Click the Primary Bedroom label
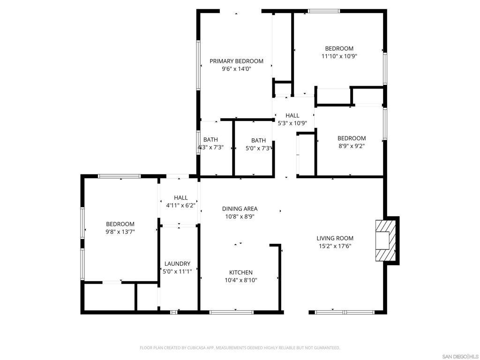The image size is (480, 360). point(236,61)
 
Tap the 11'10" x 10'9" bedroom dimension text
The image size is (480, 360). point(339,56)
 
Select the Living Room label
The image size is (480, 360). point(335,238)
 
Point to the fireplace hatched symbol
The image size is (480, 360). point(385,240)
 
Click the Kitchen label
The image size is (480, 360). point(241,272)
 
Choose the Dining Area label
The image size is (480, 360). point(240,209)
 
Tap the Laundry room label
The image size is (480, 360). point(177,263)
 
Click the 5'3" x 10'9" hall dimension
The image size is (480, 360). point(292,123)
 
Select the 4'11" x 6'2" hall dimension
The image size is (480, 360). point(180,206)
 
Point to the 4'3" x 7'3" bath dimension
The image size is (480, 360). point(210,148)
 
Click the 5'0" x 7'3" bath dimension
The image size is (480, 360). point(259,149)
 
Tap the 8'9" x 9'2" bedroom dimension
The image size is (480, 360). point(352,146)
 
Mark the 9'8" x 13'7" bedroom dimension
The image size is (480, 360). point(120,232)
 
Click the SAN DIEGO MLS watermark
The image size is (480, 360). point(460,357)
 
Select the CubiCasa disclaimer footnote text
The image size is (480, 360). point(240,348)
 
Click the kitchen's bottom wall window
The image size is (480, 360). point(232,312)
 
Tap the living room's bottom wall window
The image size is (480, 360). point(345,312)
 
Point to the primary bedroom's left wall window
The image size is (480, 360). point(198,65)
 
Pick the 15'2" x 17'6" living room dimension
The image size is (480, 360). point(335,246)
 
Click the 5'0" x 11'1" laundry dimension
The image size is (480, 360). point(177,271)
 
